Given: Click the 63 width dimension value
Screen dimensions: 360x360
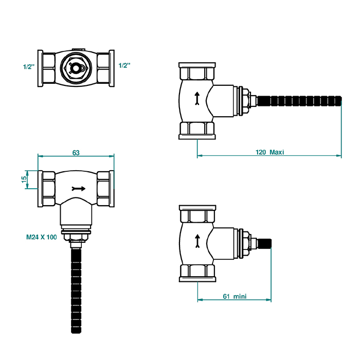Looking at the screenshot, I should [x=76, y=152].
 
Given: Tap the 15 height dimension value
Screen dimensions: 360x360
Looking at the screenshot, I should [x=24, y=179].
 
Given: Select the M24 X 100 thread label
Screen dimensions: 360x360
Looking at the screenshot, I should [x=41, y=238].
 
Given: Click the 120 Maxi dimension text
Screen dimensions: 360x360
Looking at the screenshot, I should [x=270, y=152].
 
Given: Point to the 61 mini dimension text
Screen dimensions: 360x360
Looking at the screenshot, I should [x=235, y=296].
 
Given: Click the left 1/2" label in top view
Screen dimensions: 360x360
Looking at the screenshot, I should [x=29, y=66].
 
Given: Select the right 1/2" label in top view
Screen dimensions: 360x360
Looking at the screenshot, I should [x=124, y=65].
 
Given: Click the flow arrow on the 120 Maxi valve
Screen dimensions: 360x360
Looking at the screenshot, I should [x=197, y=98].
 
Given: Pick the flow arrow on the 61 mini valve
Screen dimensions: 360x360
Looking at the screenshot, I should [x=197, y=240].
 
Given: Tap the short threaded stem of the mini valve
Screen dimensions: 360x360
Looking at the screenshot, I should [x=266, y=242].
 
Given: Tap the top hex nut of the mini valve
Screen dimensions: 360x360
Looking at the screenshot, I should [x=197, y=214].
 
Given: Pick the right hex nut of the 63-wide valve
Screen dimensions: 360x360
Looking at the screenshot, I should [x=105, y=188].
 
